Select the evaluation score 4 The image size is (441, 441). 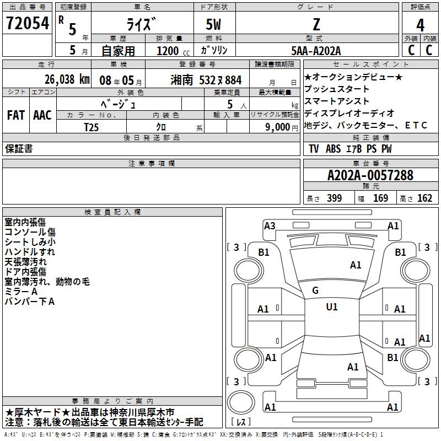[x=420, y=25]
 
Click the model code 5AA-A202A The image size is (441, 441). [x=316, y=51]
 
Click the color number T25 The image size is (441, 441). [x=92, y=127]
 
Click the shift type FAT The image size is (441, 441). [x=15, y=115]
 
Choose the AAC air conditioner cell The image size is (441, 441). [x=42, y=115]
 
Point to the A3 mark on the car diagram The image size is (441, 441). [x=270, y=225]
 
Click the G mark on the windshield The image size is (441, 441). [x=315, y=291]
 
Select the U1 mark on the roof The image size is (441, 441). [x=331, y=307]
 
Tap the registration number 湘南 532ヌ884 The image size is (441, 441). [x=206, y=79]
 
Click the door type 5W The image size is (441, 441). [x=216, y=25]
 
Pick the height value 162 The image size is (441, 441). [x=424, y=198]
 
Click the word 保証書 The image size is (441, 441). [x=19, y=148]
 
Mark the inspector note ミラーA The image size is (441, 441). [x=21, y=291]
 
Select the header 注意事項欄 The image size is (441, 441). [x=151, y=163]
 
